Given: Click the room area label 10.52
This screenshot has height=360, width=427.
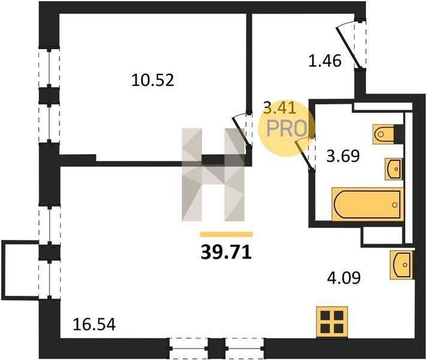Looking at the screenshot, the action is tap(152, 80).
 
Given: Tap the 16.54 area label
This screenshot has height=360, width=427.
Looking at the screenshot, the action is tap(94, 325).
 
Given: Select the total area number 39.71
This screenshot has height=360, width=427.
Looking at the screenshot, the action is tap(226, 253).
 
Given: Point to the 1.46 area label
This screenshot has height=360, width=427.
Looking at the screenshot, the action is tap(324, 61).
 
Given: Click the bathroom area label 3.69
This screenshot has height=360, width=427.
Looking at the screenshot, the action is tap(343, 156).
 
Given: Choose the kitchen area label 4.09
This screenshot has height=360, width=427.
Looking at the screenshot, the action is tap(344, 278).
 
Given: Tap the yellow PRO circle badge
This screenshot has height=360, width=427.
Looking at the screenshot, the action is tap(287, 129).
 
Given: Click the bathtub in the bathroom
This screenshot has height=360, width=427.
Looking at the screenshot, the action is tap(368, 204).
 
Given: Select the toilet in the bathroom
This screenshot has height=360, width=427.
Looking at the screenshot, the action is tap(385, 134).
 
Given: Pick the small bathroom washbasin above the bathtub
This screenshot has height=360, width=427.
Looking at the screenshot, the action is tap(394, 169).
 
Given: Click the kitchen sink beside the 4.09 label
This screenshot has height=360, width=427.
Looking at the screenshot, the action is tap(402, 265).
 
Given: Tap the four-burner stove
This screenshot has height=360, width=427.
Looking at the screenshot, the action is tap(332, 322).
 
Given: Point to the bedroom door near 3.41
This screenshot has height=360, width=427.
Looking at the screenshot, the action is tap(242, 130).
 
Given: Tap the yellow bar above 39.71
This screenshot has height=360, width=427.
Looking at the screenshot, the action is tap(226, 235).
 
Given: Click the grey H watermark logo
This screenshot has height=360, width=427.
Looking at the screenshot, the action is tap(213, 175).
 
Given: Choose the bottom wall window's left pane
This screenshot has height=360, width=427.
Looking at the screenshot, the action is tap(188, 348).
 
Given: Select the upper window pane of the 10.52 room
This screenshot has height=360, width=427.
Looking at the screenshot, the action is tap(49, 68).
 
